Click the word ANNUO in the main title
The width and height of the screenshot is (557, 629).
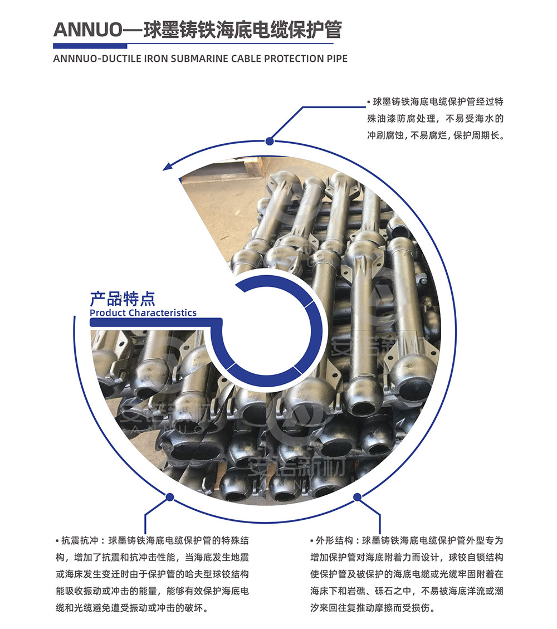87,30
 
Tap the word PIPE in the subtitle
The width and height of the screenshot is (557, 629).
336,58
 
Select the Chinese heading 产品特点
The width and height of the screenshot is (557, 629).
123,299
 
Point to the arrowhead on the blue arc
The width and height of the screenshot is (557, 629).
168,165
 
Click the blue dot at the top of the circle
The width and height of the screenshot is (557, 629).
270,141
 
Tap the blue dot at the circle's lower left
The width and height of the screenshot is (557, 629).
170,498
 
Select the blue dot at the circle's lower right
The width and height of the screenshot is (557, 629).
357,498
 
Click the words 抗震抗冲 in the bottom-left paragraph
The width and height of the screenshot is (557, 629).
80,541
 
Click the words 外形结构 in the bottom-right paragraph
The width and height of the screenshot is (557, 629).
334,541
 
